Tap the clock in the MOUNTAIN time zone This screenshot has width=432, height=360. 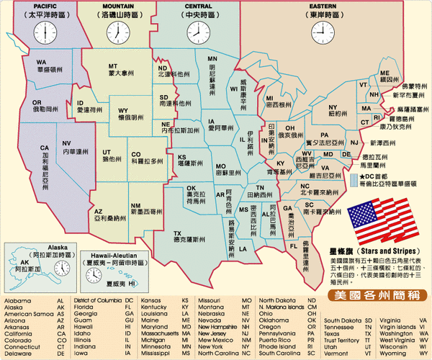click(x=115, y=32)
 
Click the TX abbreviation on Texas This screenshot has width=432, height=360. click(x=177, y=234)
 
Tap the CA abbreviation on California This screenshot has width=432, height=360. click(x=44, y=147)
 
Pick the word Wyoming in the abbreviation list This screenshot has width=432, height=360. click(x=392, y=354)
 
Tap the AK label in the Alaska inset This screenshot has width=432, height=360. click(x=25, y=262)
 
